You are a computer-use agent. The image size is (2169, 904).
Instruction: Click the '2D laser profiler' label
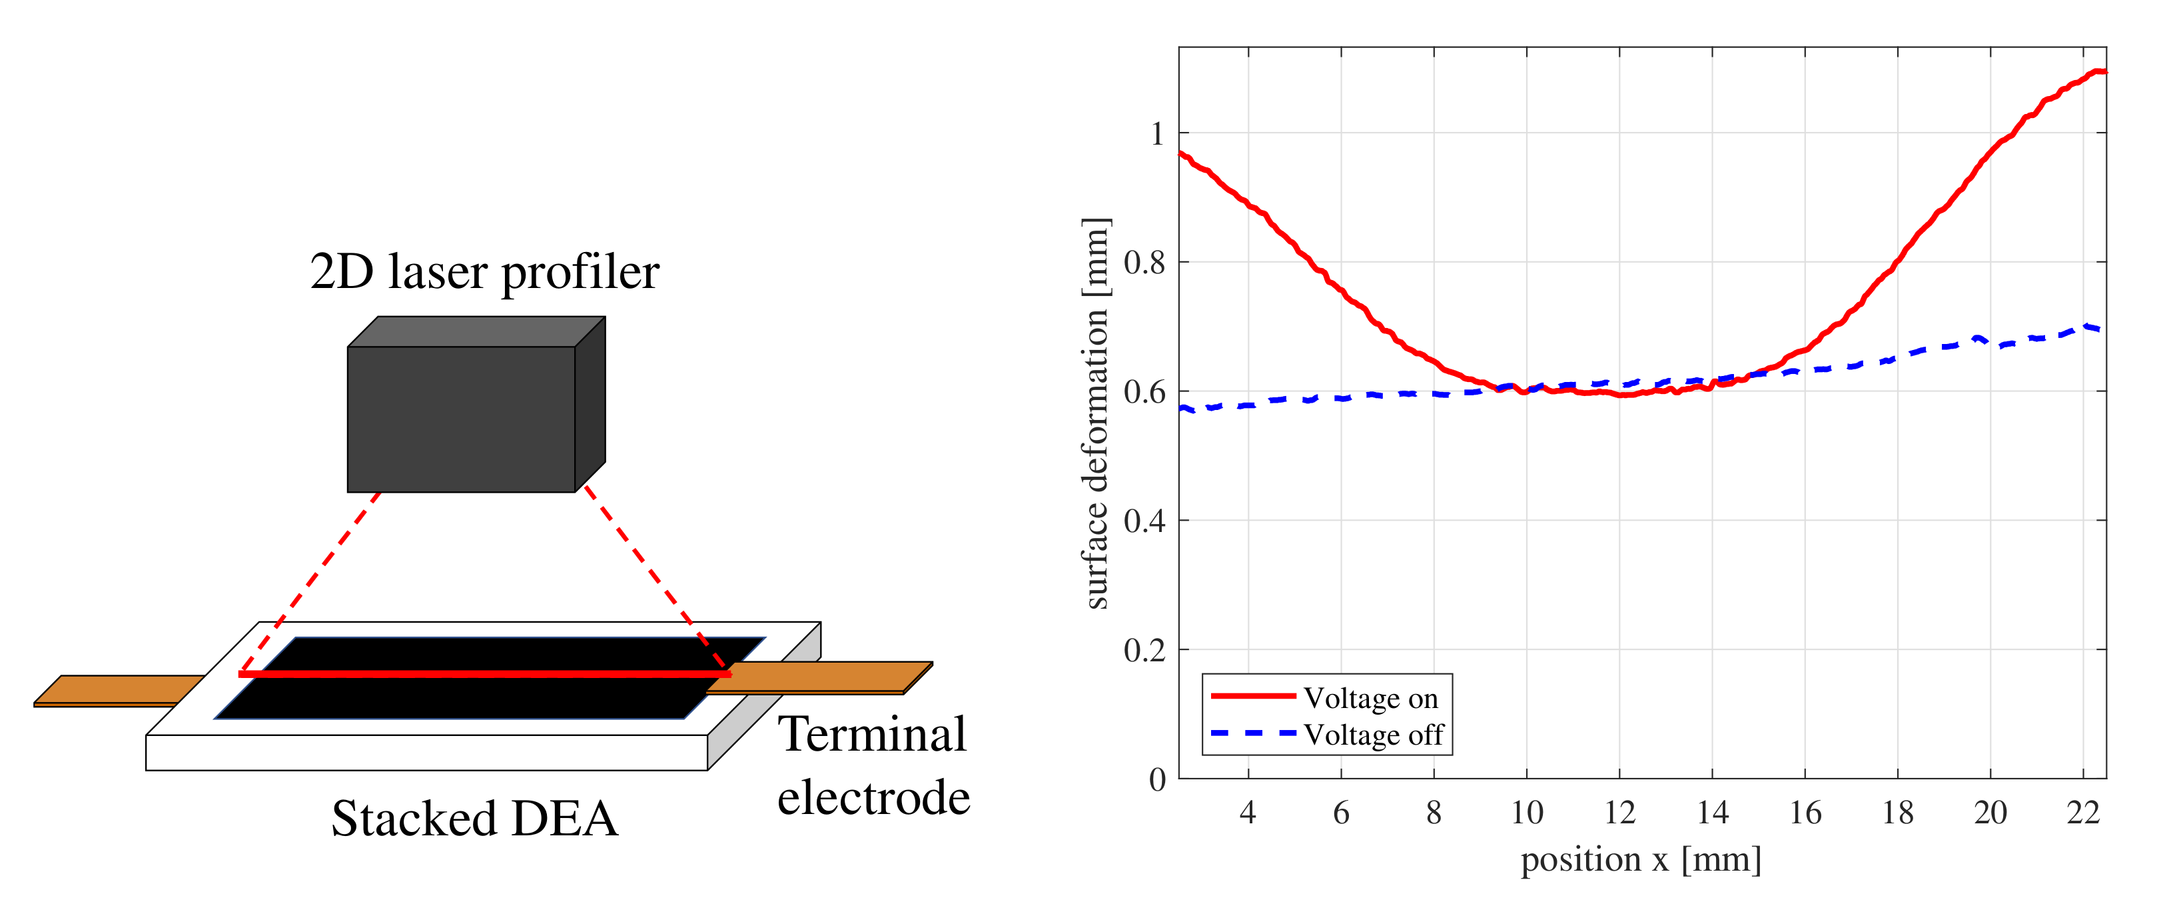coord(484,272)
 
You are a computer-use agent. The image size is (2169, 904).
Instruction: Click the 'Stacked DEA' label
coord(475,818)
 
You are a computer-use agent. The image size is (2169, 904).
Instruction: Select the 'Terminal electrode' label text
coord(873,765)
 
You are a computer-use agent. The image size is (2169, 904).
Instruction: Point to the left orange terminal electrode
coord(118,689)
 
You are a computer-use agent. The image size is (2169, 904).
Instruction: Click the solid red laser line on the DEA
coord(484,674)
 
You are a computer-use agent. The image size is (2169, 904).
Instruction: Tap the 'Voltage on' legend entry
coord(1370,697)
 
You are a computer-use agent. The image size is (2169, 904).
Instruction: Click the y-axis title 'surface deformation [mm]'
coord(1095,413)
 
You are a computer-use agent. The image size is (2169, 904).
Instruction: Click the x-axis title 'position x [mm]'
coord(1640,859)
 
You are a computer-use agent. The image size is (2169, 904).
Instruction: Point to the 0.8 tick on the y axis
coord(1144,262)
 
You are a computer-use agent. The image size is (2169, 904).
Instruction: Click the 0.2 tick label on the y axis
coord(1144,649)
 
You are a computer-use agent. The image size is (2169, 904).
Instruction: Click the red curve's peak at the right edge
coord(2098,71)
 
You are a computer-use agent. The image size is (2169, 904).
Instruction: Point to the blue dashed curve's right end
coord(2098,329)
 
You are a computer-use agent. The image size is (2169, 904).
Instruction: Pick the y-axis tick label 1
coord(1157,133)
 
